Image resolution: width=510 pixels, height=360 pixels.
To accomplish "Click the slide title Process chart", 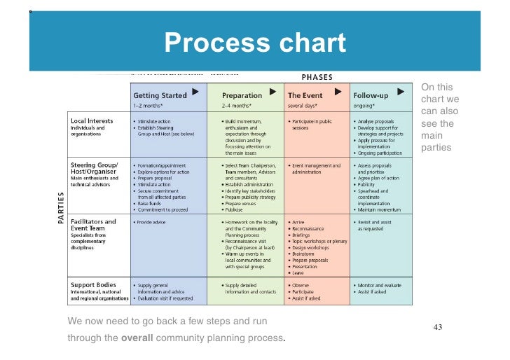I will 255,43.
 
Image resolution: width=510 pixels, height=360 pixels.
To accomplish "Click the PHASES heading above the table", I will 317,77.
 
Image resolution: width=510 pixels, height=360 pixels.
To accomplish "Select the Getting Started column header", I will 160,95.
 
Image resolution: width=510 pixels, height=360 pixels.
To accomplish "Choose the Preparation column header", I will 242,95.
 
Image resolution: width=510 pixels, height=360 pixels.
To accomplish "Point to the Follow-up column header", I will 371,95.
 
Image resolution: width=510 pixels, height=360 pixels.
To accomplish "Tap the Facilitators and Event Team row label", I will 93,225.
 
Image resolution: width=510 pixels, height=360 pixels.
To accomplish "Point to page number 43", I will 439,326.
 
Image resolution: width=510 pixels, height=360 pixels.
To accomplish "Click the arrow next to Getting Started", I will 195,92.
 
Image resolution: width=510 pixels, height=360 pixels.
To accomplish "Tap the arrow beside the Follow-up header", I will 400,92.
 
